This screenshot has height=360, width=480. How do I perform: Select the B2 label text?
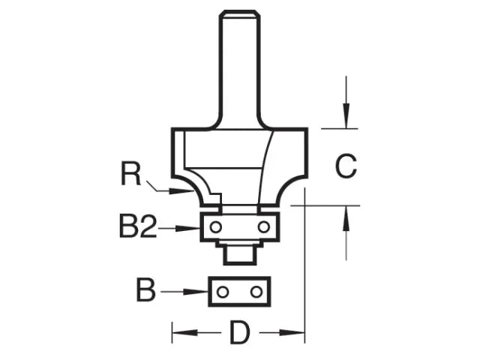[x=137, y=226]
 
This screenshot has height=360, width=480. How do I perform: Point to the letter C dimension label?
[x=346, y=166]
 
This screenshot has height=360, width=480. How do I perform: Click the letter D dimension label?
[x=238, y=332]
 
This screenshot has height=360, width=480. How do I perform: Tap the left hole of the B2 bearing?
[x=215, y=226]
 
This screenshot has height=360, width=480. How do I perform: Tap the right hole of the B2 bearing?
[x=263, y=226]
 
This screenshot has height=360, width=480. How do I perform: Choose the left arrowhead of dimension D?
[x=180, y=331]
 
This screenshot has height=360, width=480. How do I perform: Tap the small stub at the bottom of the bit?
[x=238, y=254]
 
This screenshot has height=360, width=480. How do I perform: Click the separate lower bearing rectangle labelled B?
[x=238, y=291]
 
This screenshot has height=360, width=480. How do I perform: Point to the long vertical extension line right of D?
[x=304, y=262]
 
